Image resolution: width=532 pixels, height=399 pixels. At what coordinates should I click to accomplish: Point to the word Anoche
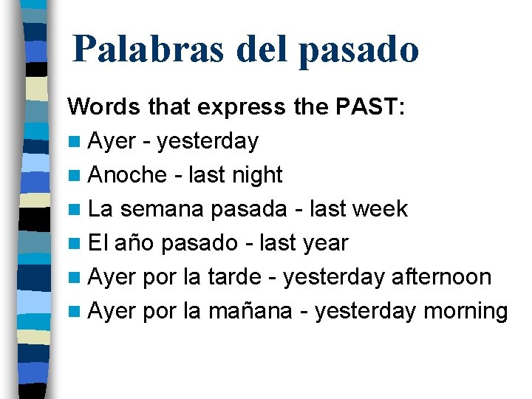click(x=127, y=175)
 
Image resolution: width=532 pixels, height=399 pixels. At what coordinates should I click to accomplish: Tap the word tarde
click(x=234, y=277)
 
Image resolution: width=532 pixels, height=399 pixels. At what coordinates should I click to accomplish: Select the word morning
click(x=465, y=312)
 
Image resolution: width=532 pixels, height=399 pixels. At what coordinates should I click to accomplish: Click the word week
click(x=380, y=209)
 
